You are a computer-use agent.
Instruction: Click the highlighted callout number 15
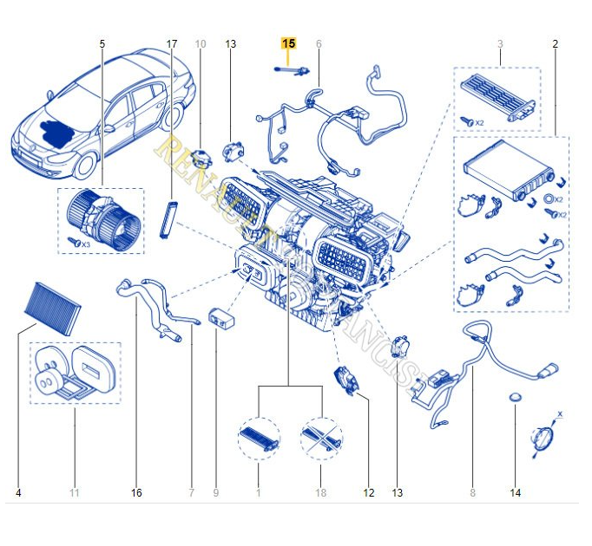[x=288, y=43]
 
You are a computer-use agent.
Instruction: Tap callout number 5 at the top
[x=102, y=43]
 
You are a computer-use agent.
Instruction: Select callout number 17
[x=171, y=43]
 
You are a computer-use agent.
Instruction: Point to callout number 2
[x=555, y=43]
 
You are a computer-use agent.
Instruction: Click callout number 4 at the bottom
[x=18, y=493]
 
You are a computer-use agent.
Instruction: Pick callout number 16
[x=136, y=493]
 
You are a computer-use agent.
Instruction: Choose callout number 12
[x=369, y=493]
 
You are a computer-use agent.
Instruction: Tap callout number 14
[x=516, y=493]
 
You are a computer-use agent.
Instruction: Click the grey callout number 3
[x=500, y=43]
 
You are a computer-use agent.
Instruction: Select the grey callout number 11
[x=75, y=493]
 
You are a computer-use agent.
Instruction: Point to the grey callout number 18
[x=321, y=493]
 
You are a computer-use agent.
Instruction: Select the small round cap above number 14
[x=515, y=397]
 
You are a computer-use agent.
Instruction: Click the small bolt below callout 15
[x=291, y=71]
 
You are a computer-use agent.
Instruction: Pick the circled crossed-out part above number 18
[x=321, y=435]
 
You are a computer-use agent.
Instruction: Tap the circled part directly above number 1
[x=259, y=435]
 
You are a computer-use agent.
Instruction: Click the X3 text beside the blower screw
[x=84, y=244]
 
